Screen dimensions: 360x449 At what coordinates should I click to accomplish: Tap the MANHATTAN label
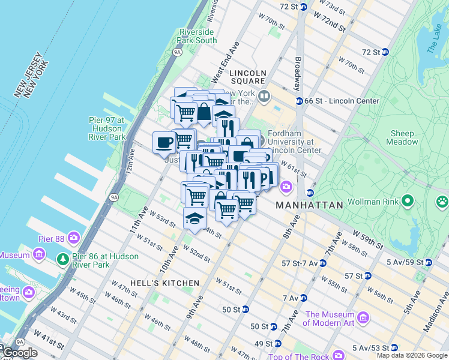pyautogui.click(x=309, y=205)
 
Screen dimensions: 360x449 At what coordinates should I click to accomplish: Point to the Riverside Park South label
pyautogui.click(x=196, y=36)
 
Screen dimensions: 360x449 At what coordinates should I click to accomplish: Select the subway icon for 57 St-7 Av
pyautogui.click(x=322, y=263)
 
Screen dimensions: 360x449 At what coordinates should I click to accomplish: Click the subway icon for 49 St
pyautogui.click(x=273, y=344)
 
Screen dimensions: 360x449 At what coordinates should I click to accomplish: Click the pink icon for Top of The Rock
pyautogui.click(x=338, y=355)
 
